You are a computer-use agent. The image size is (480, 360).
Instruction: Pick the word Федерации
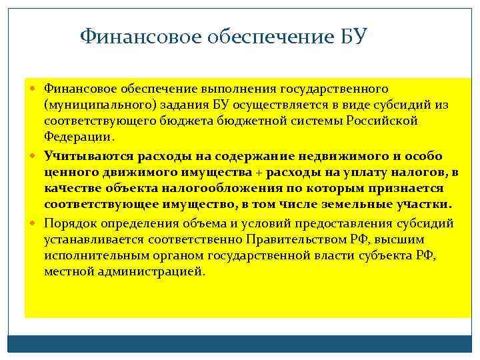point(79,137)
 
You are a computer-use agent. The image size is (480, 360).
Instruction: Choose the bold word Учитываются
point(89,156)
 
